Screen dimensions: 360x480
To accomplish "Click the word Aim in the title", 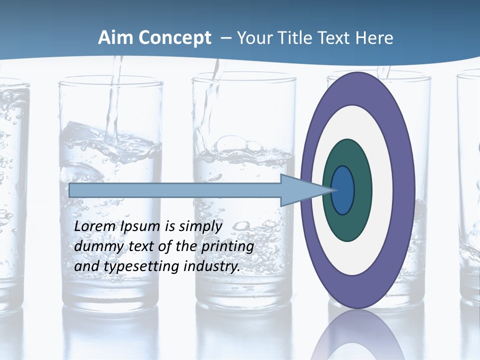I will tap(115, 38).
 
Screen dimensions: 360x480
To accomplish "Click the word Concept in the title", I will tap(174, 38).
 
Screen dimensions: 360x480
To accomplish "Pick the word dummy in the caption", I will tap(95, 246).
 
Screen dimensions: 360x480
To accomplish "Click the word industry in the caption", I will tap(212, 266).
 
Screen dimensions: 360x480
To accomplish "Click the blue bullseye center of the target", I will tap(343, 190).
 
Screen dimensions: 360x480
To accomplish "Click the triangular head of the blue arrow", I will tap(300, 190).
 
